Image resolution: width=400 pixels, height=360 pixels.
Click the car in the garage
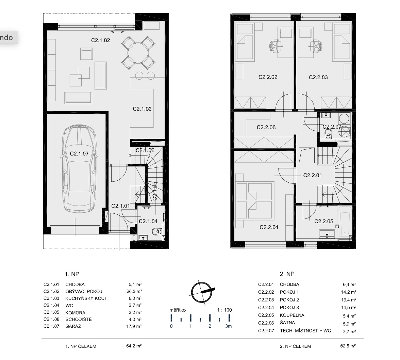(x=79, y=169)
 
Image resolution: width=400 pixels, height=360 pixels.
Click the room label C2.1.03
(x=142, y=109)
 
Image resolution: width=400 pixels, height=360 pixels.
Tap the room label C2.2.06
(x=266, y=127)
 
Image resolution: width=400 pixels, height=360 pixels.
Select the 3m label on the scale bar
(x=228, y=326)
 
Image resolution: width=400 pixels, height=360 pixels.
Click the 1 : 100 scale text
(x=224, y=310)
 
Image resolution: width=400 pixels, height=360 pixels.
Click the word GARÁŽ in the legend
(x=73, y=326)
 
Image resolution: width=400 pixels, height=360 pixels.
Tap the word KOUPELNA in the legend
(x=292, y=315)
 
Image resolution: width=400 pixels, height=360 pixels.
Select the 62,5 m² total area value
(x=348, y=346)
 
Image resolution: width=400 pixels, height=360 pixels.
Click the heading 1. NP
(x=72, y=274)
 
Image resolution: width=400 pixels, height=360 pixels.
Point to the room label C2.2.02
(x=268, y=77)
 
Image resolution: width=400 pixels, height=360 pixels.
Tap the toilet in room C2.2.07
(x=328, y=133)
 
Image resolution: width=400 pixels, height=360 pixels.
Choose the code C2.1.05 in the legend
(x=51, y=312)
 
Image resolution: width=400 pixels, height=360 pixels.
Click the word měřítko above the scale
(x=178, y=310)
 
